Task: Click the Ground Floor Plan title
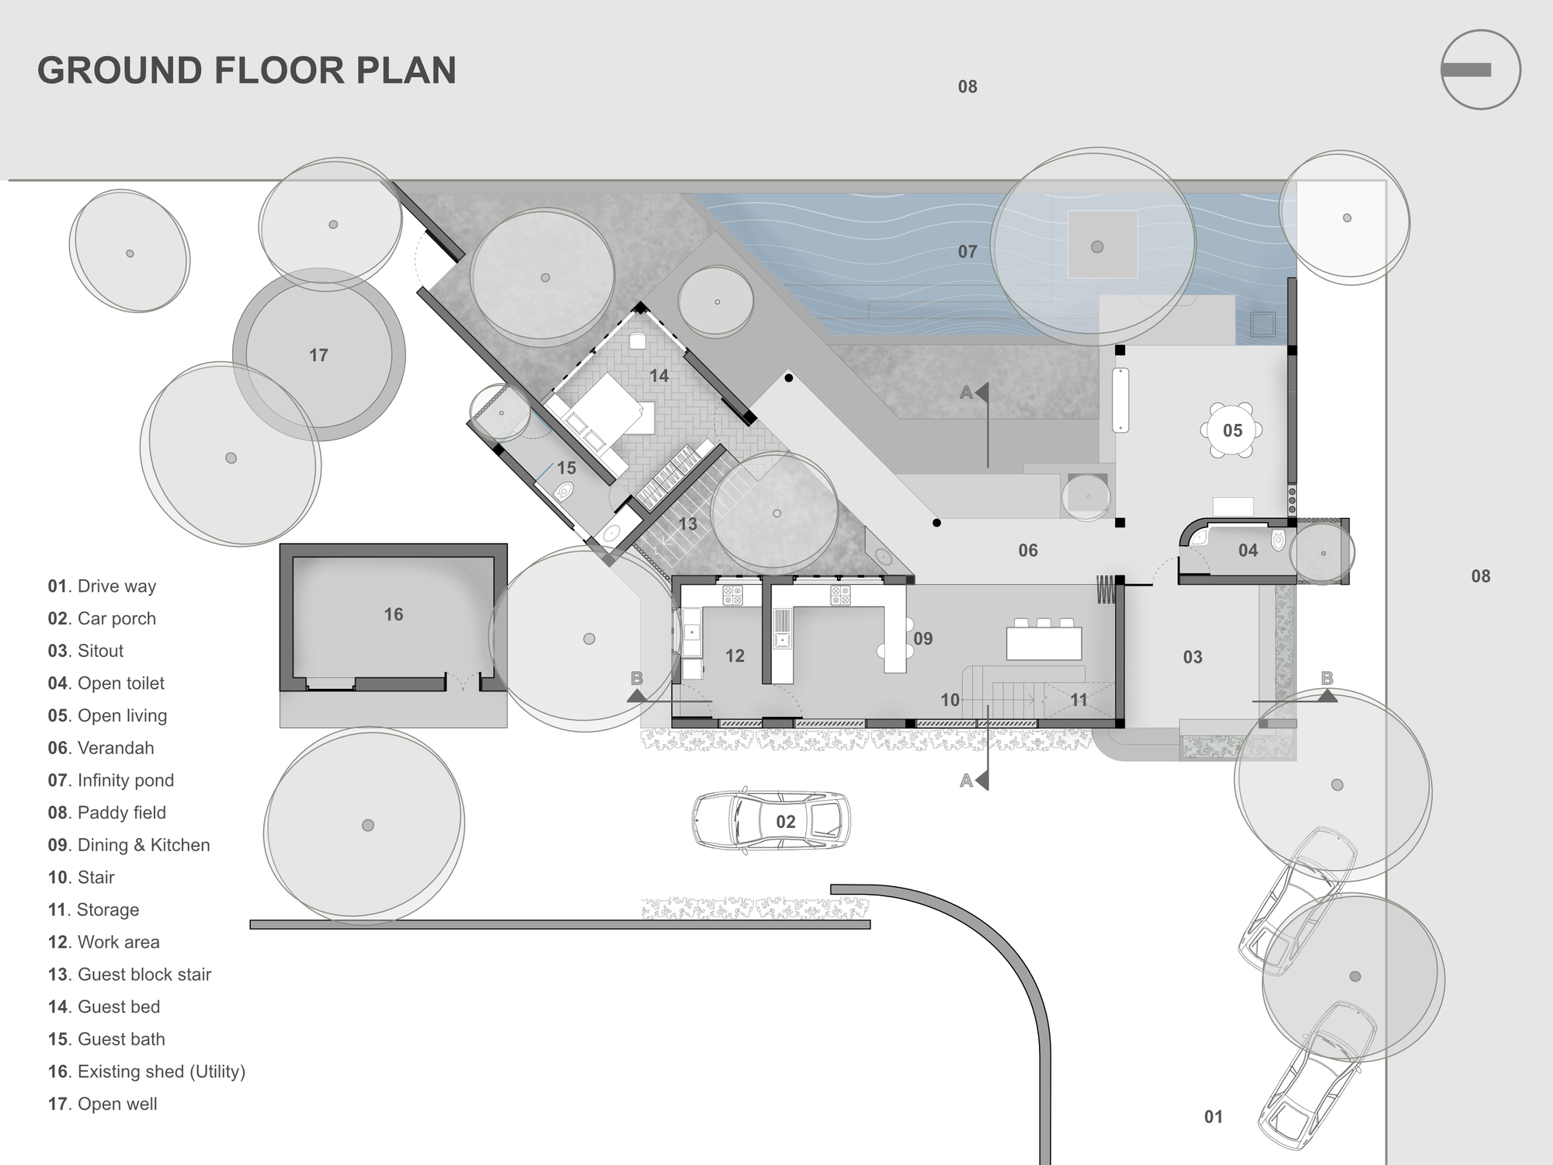(x=247, y=70)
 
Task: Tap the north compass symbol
(x=1480, y=70)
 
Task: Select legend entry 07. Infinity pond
(x=111, y=781)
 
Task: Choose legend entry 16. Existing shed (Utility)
(x=147, y=1072)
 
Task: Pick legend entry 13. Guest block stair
(x=130, y=975)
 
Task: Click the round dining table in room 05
(x=1232, y=430)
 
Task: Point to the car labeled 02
(x=771, y=822)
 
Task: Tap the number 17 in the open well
(x=318, y=356)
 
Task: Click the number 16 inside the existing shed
(x=394, y=615)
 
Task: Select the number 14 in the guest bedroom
(x=659, y=376)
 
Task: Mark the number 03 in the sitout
(x=1193, y=657)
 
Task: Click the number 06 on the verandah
(x=1028, y=551)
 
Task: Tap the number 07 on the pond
(x=968, y=252)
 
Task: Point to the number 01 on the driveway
(x=1214, y=1117)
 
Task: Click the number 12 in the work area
(x=735, y=656)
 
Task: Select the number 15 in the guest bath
(x=567, y=468)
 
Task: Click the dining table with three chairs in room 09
(x=1044, y=642)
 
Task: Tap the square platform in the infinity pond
(x=1103, y=244)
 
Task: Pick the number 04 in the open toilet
(x=1248, y=551)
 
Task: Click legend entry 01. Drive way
(x=102, y=586)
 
